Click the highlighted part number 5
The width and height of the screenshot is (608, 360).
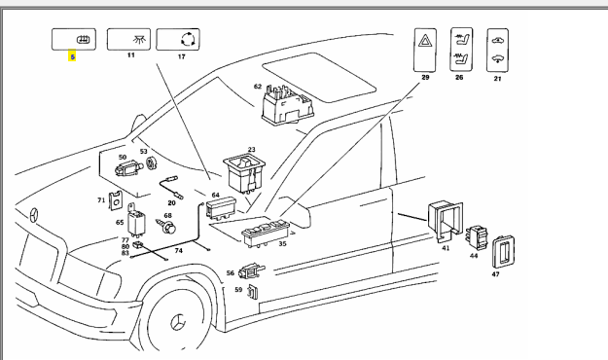coord(72,56)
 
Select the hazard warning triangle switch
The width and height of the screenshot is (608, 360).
coord(425,50)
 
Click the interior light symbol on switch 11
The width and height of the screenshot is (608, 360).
coord(138,39)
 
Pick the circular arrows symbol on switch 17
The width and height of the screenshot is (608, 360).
coord(189,39)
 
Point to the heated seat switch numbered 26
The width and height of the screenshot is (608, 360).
coord(461,50)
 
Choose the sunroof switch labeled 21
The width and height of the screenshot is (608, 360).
coord(497,50)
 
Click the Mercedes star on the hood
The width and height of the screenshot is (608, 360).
coord(34,215)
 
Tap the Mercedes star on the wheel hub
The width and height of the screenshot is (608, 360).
coord(178,322)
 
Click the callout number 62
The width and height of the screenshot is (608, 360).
coord(258,87)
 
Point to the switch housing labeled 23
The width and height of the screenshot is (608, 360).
coord(244,172)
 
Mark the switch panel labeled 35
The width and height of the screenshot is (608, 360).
coord(265,233)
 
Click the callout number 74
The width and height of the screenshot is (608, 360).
coord(178,251)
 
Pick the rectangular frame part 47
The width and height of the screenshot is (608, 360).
coord(503,252)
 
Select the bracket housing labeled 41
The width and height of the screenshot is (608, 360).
coord(445,221)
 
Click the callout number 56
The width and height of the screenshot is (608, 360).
coord(231,273)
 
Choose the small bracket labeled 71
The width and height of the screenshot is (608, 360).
coord(117,201)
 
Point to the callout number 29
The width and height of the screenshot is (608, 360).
coord(425,77)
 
